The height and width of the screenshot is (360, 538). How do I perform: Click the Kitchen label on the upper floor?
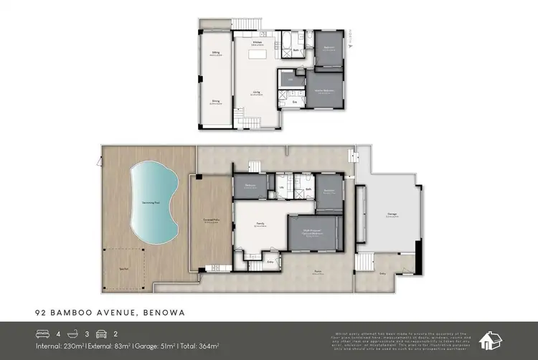256,42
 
